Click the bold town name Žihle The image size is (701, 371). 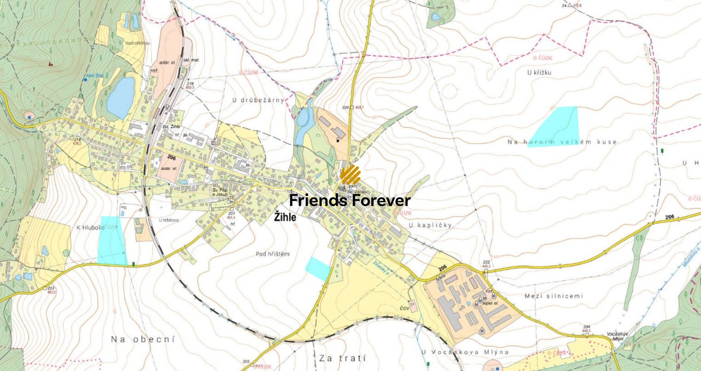coord(285,218)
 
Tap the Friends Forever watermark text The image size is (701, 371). coord(350,200)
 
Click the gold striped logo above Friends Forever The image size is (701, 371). coord(350,175)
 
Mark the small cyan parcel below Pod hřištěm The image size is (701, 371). coord(318,268)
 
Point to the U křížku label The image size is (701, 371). coord(539,72)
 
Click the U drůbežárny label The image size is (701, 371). coord(258,100)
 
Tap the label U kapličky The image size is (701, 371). coord(430,225)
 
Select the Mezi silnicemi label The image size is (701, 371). coord(553,296)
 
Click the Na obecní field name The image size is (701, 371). coord(143,339)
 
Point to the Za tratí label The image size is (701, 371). coord(342,358)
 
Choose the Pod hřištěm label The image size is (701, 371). coord(272,254)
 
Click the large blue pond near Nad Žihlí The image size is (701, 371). coord(120,97)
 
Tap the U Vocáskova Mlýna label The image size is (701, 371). coord(465,352)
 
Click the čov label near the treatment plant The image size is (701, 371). coord(405,309)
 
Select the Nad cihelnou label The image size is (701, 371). coord(138,43)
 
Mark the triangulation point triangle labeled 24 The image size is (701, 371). coord(570,5)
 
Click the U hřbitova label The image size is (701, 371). coord(168,220)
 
